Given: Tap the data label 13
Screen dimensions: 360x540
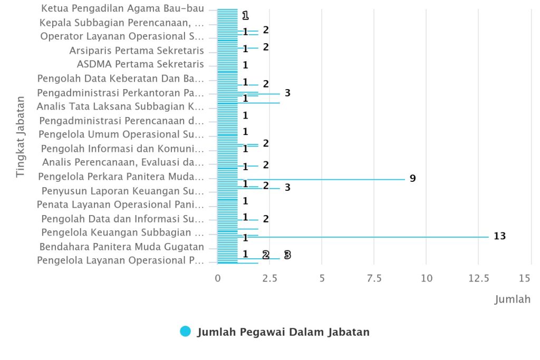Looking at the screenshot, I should tap(499, 236).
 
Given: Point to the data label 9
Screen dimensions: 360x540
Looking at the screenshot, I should tap(412, 179).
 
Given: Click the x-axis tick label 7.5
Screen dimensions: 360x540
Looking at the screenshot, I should tap(374, 278).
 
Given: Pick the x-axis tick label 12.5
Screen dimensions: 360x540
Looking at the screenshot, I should tap(478, 278).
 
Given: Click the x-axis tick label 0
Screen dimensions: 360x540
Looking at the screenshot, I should tap(218, 278).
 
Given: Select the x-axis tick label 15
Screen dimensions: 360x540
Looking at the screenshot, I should tap(525, 278).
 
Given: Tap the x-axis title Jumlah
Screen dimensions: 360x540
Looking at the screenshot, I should tap(512, 299).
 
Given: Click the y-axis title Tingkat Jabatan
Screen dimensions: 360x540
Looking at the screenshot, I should tap(20, 136).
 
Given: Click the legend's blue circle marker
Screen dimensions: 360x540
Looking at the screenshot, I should tap(185, 332).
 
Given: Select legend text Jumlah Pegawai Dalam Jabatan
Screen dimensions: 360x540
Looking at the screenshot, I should tap(283, 332).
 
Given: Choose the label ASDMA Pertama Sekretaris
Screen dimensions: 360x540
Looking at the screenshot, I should tap(140, 64).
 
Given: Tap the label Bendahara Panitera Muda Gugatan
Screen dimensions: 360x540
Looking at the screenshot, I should tap(122, 247).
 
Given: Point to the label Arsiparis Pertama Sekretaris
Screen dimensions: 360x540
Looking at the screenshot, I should tap(137, 51).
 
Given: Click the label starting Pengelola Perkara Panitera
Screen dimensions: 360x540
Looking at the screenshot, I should tap(121, 176).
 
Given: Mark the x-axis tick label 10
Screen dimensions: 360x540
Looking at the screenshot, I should tap(426, 278).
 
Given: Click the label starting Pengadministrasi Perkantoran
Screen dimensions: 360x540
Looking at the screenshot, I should tap(121, 93).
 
